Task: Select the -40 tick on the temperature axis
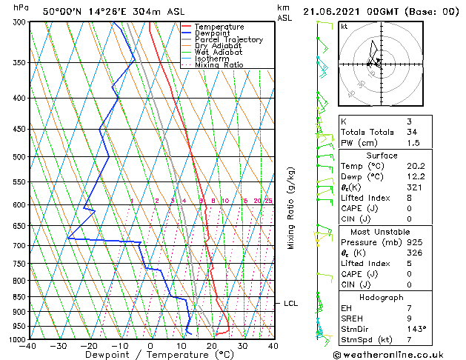[x=29, y=346]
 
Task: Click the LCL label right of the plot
[x=290, y=303]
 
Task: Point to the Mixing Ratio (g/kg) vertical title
[x=291, y=208]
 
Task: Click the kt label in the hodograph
[x=344, y=26]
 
